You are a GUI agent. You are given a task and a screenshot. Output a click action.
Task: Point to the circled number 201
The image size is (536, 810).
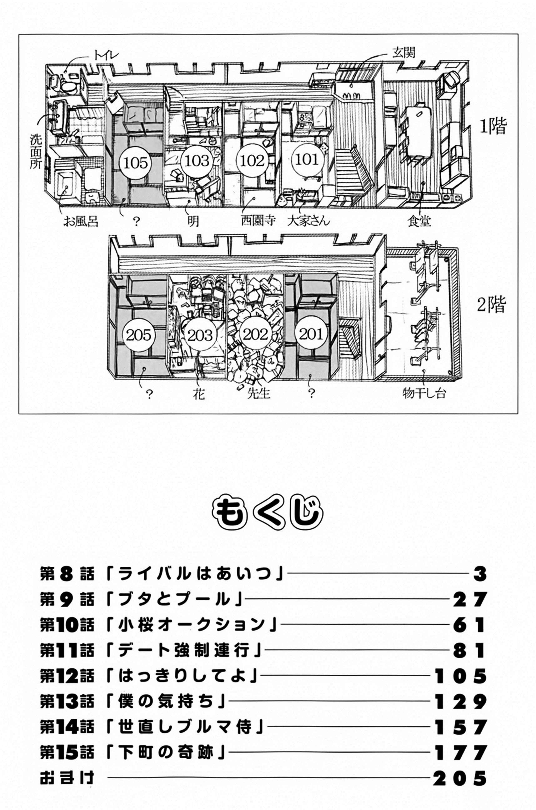[311, 334]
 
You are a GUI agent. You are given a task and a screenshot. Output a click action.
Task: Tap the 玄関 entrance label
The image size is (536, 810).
[403, 53]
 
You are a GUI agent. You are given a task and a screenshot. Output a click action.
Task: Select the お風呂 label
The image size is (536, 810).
[81, 221]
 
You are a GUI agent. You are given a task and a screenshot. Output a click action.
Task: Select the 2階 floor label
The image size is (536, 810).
[491, 305]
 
